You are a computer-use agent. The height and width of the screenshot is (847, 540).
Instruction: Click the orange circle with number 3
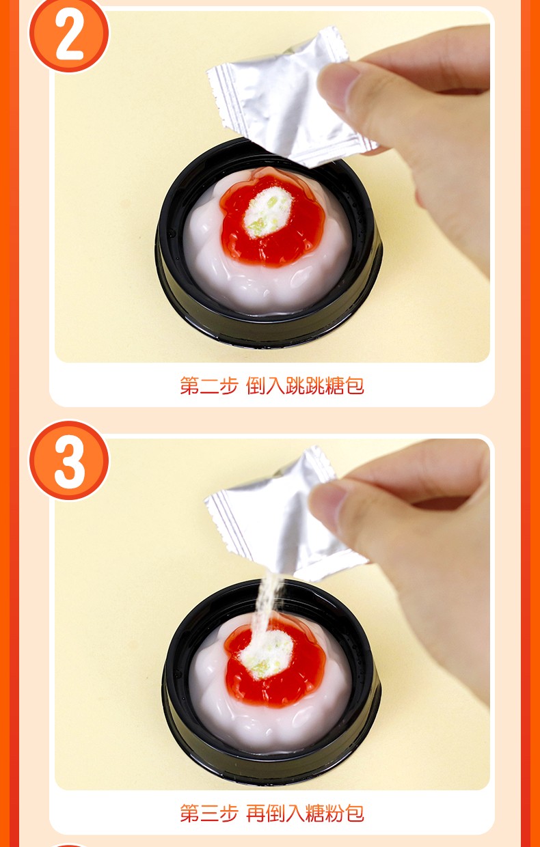(x=69, y=460)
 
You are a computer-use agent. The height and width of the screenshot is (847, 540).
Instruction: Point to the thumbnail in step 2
(x=337, y=87)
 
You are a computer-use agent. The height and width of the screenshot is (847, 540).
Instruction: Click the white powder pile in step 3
(x=267, y=654)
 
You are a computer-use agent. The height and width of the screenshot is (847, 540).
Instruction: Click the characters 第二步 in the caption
(x=209, y=386)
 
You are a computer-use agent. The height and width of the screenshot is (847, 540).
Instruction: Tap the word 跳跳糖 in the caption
(x=315, y=386)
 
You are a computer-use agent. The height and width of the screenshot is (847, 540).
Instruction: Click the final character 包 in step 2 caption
(x=355, y=386)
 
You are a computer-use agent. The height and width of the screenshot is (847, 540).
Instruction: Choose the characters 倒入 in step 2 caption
(x=266, y=386)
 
